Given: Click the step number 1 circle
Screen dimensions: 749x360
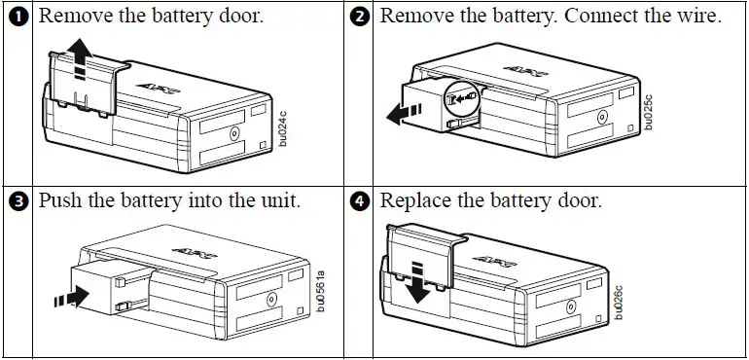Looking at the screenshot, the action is [x=18, y=17].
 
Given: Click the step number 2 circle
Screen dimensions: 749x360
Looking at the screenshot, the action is [x=360, y=17].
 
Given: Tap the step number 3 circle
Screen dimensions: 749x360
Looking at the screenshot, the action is [x=18, y=202].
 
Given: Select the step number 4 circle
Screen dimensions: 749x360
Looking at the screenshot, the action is [x=360, y=202].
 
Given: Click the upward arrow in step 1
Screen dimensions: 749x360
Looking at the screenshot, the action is [x=80, y=57].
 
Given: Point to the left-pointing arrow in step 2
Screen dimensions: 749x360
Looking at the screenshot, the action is [x=404, y=114].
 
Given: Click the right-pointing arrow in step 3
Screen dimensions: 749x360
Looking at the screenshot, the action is [x=72, y=297].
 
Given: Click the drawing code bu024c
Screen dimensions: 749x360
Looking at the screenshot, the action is [x=282, y=128].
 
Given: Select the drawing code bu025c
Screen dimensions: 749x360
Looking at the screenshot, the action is [x=648, y=112].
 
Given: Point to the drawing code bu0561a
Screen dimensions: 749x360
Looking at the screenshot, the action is [x=321, y=291].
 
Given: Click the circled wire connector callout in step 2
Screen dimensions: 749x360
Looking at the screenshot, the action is [x=461, y=99].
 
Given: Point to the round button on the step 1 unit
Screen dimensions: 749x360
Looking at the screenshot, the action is [x=234, y=134].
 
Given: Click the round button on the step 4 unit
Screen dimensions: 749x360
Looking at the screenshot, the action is [x=570, y=306].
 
